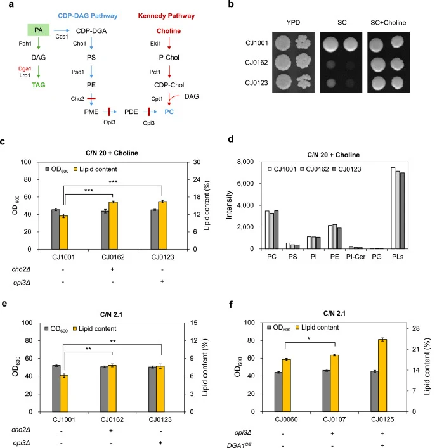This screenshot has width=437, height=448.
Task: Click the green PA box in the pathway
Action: click(x=38, y=30)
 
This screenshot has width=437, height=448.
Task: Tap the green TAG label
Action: click(x=38, y=85)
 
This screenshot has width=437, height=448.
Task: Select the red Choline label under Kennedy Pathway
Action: click(x=169, y=31)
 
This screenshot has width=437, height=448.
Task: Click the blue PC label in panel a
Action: click(x=169, y=112)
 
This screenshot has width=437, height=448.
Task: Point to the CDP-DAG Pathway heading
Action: click(x=88, y=16)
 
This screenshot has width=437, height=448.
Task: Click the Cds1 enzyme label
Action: click(x=62, y=37)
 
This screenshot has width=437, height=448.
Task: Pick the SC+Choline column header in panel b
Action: click(x=388, y=23)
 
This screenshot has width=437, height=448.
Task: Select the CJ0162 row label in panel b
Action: click(x=256, y=63)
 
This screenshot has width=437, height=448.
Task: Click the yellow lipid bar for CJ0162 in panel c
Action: click(x=113, y=226)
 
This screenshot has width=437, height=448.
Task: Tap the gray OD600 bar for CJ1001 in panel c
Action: click(x=55, y=229)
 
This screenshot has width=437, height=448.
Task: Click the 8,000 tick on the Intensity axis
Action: click(x=245, y=162)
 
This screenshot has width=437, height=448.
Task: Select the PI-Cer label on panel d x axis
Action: click(x=355, y=257)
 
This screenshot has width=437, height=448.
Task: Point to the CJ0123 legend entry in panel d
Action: click(x=347, y=169)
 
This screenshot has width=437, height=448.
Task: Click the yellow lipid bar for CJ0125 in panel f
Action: click(x=382, y=375)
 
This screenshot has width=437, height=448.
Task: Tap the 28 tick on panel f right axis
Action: click(x=416, y=328)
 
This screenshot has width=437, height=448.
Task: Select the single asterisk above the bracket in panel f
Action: click(x=309, y=339)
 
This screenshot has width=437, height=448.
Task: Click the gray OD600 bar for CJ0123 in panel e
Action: click(x=152, y=389)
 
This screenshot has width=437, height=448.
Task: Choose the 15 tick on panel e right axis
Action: click(x=193, y=323)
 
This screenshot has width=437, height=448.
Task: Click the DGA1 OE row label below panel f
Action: click(x=239, y=445)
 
